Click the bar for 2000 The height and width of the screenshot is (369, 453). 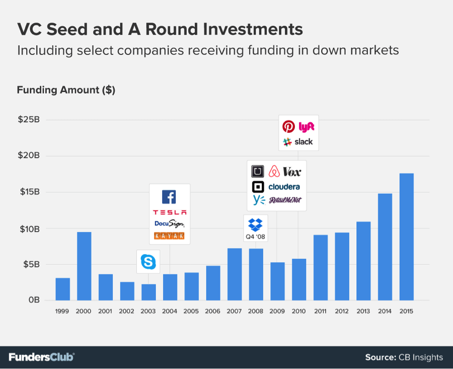[x=84, y=266]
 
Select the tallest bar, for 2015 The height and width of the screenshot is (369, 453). [x=407, y=237]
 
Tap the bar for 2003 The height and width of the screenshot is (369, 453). [x=148, y=292]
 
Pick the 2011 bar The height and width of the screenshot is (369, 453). [x=321, y=268]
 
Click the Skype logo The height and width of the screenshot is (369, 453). [x=148, y=262]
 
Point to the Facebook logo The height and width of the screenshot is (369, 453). [x=169, y=197]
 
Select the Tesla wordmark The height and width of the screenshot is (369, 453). [x=170, y=212]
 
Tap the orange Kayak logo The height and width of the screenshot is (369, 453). [x=169, y=236]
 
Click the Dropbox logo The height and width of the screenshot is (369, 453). [x=255, y=225]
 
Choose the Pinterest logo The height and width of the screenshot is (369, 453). [x=288, y=126]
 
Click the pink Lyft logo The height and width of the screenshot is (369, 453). [x=306, y=126]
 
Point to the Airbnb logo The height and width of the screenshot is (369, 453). [x=274, y=171]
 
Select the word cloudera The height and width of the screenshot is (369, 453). [x=284, y=187]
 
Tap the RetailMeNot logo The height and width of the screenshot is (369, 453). [x=285, y=200]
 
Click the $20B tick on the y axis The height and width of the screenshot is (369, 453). [x=29, y=156]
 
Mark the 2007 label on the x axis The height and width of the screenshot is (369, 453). [x=234, y=311]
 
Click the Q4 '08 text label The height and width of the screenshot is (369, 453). [x=255, y=237]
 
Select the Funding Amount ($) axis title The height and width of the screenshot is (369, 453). [x=66, y=90]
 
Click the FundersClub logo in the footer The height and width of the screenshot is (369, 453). [x=42, y=357]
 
